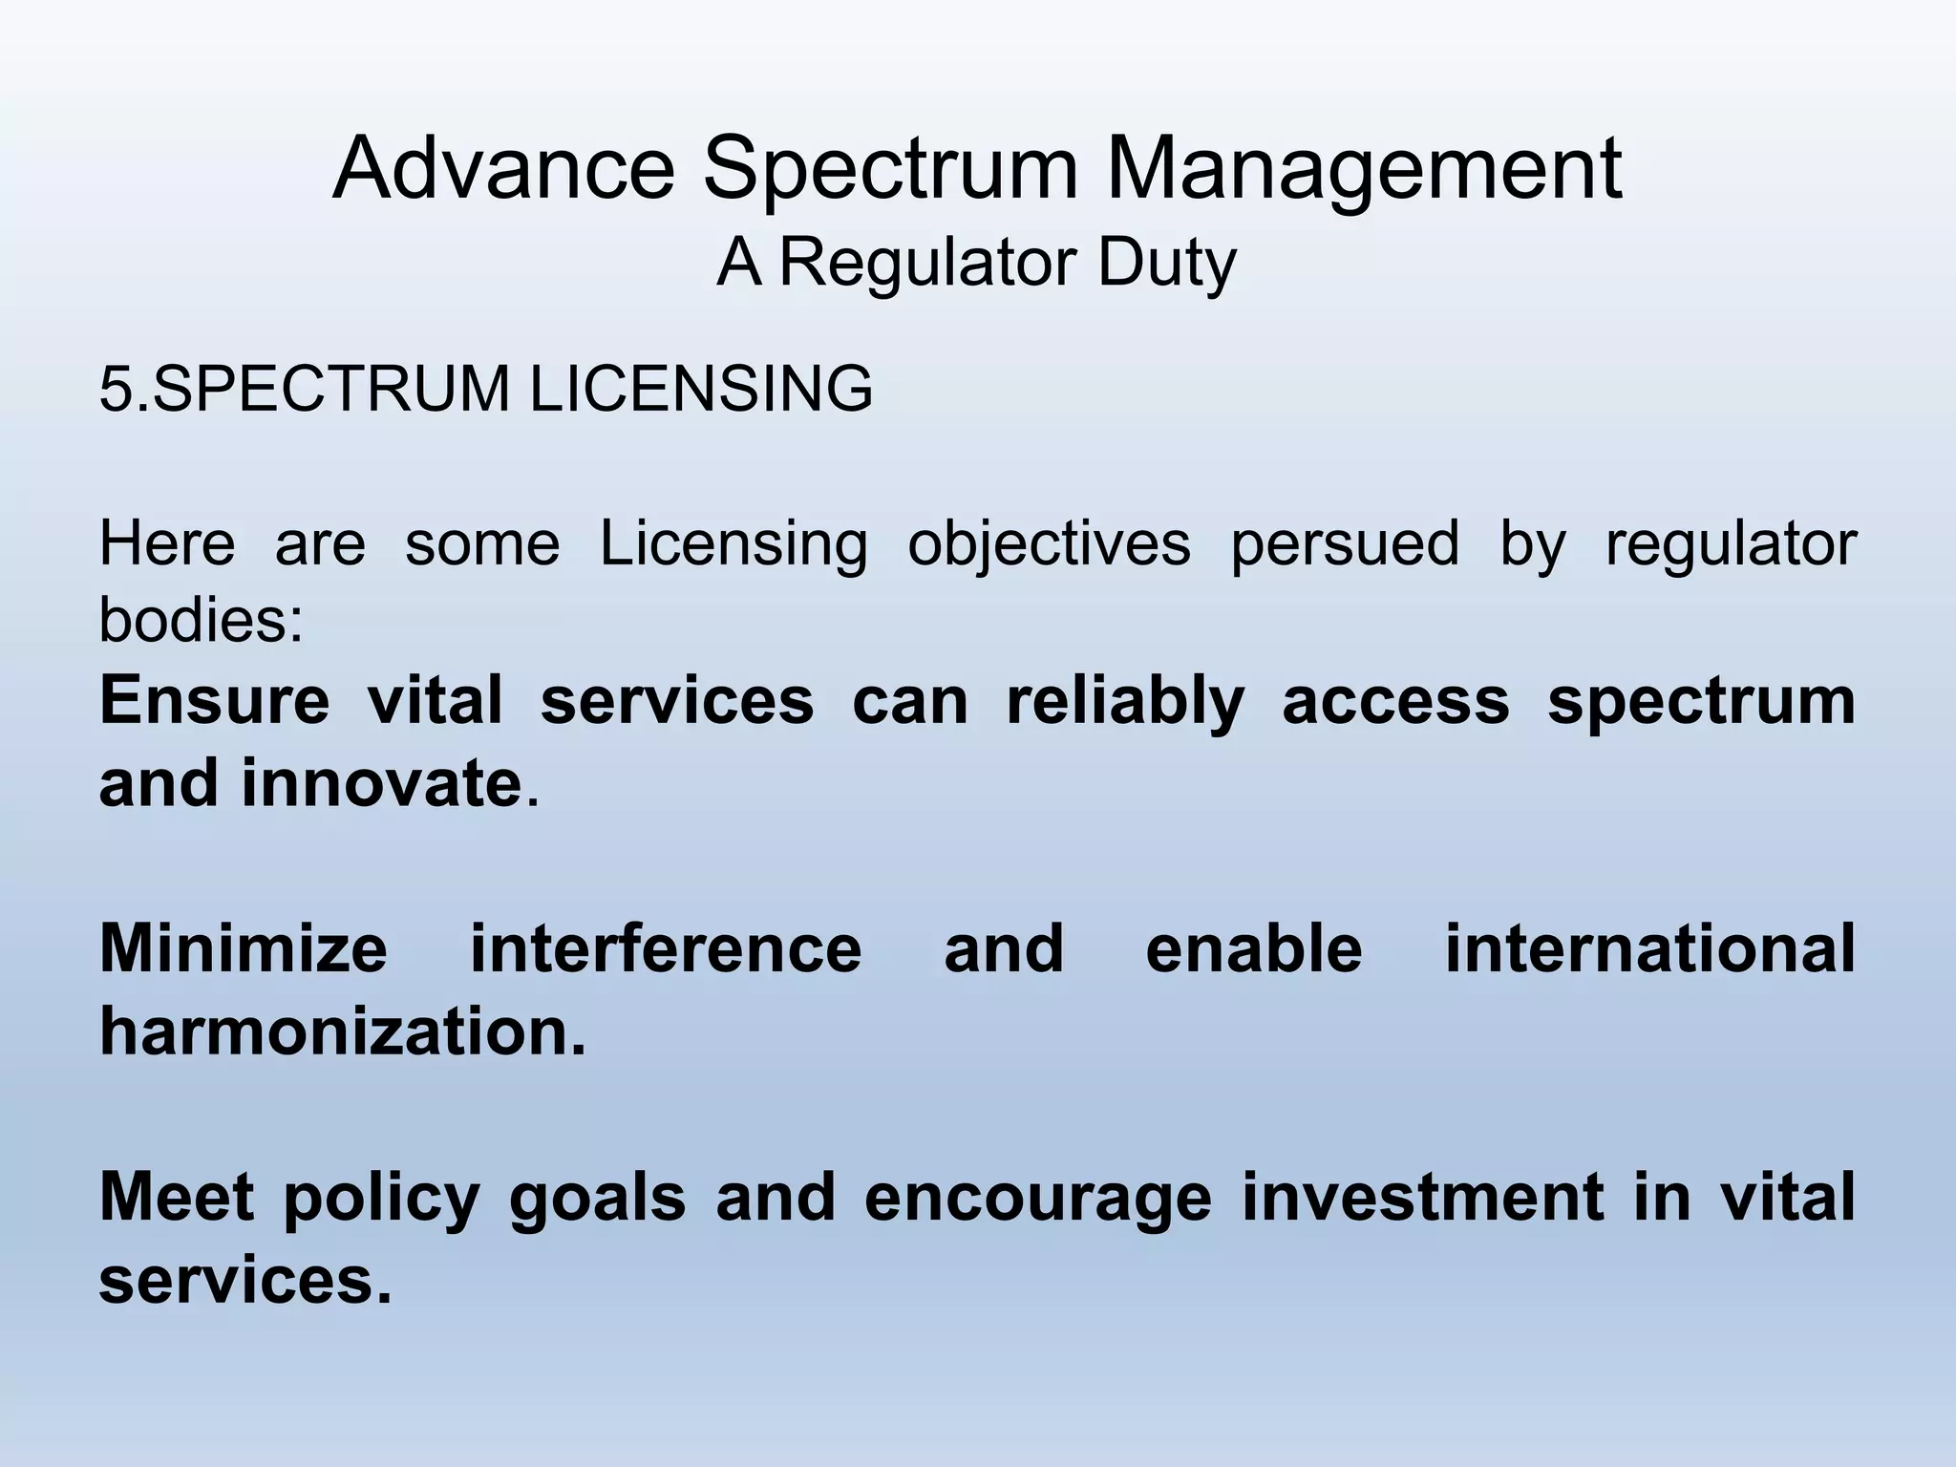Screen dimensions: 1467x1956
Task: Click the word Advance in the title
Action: pos(504,170)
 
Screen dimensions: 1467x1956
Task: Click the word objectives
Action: pos(1049,544)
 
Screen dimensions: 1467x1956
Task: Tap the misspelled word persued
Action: pos(1344,544)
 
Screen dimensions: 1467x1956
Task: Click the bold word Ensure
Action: pos(214,700)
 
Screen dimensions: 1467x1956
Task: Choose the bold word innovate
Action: pos(380,783)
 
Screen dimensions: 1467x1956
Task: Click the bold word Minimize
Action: pos(244,948)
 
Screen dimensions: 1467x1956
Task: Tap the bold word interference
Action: pos(666,948)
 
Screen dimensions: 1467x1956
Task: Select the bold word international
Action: pos(1649,948)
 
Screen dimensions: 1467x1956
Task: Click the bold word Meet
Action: pos(176,1197)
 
